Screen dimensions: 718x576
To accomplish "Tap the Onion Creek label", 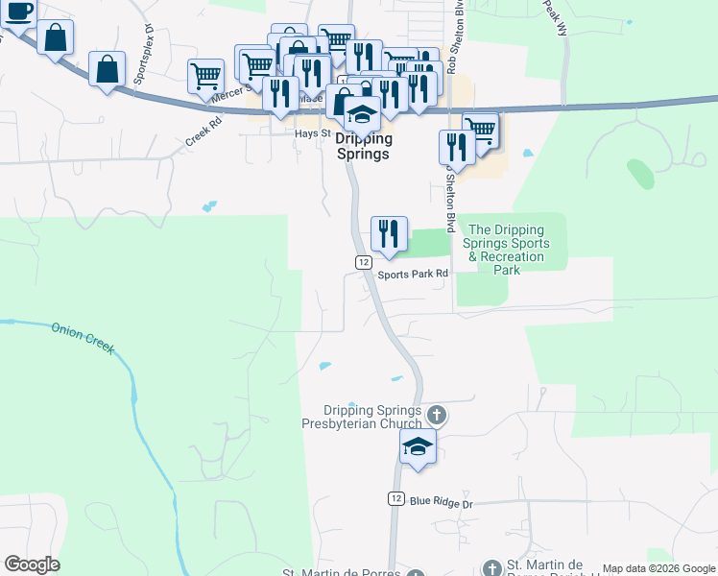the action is (83, 337).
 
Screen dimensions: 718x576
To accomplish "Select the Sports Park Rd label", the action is (413, 274).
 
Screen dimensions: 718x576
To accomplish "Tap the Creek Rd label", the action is (203, 131).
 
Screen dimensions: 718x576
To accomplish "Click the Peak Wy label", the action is (556, 15).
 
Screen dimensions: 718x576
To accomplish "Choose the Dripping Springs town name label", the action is (364, 147).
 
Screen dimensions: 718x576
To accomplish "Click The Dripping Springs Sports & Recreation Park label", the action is (506, 250).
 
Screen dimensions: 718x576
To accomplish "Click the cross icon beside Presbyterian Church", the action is (437, 416).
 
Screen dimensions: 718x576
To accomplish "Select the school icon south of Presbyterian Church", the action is (418, 447).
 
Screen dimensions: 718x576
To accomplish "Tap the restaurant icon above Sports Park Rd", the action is (389, 234).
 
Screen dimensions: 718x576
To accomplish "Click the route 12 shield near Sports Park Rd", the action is (363, 262).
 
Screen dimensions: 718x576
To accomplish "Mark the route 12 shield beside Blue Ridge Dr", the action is (396, 498).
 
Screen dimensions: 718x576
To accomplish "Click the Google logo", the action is (32, 564).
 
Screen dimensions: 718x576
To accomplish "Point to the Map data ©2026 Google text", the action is (658, 568).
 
